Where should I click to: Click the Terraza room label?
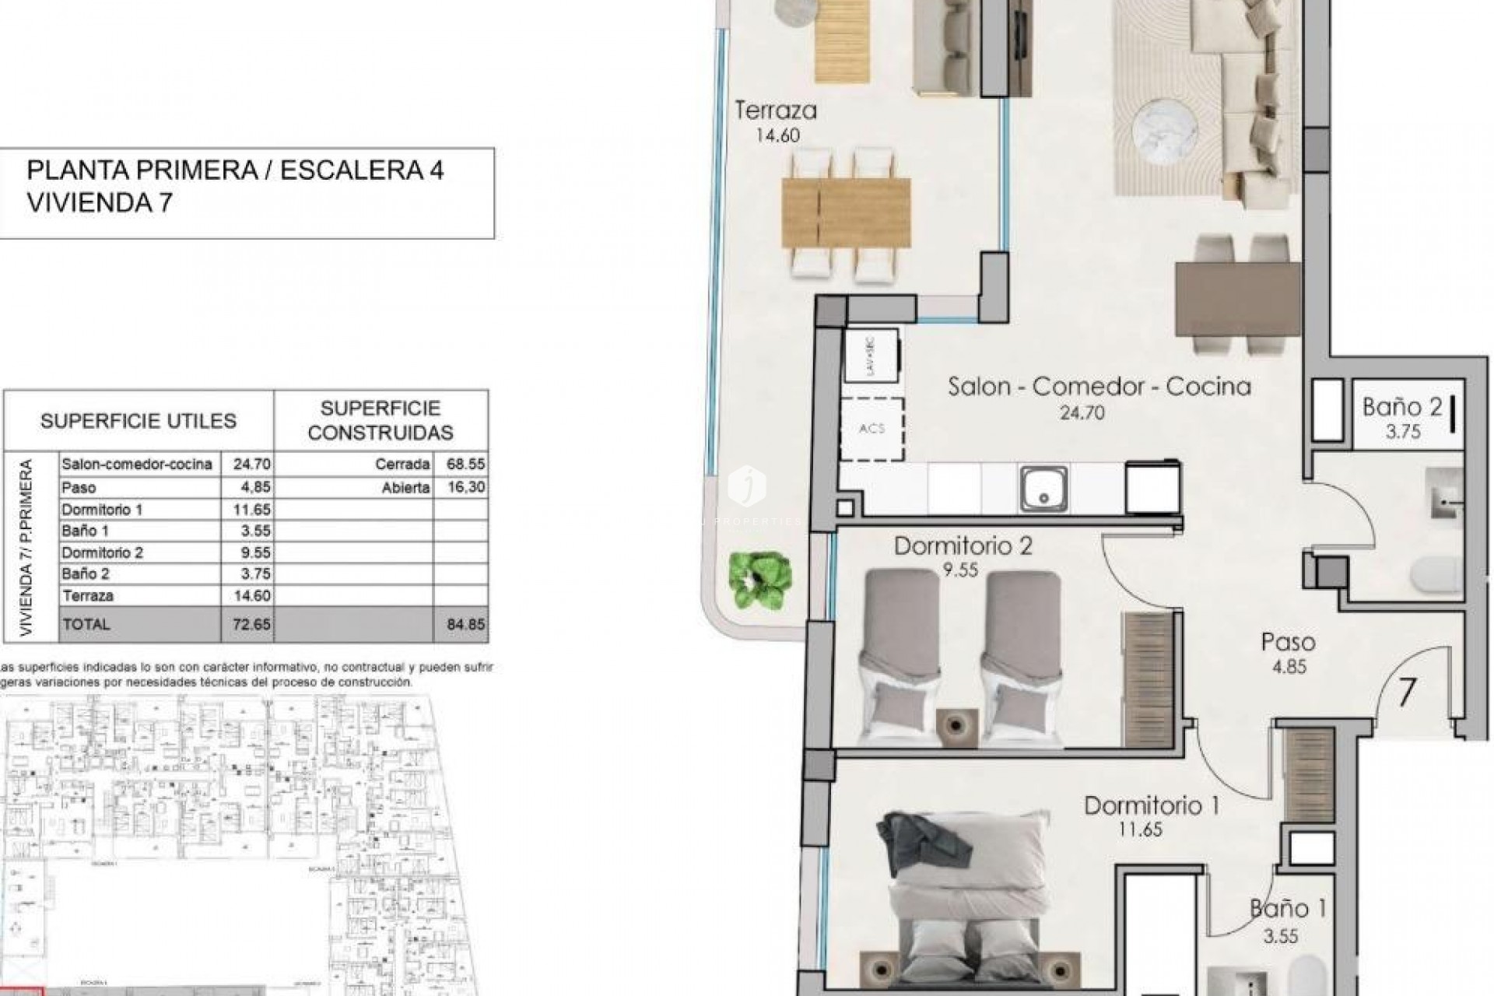point(776,110)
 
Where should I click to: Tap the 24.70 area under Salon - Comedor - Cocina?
point(1082,413)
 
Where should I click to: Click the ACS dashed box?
point(872,429)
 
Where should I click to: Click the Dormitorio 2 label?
point(963,545)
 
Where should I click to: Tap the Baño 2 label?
point(1402,407)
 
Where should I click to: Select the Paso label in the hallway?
point(1288,643)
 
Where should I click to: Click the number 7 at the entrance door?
point(1406,693)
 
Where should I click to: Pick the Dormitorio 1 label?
point(1151,805)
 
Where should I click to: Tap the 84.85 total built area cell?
point(465,624)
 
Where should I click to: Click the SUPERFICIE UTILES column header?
point(138,421)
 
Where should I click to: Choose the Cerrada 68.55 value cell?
point(465,464)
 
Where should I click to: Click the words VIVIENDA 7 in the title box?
point(99,203)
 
